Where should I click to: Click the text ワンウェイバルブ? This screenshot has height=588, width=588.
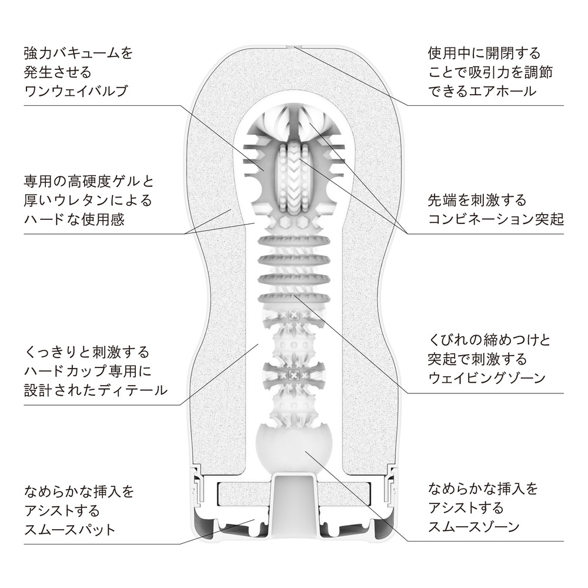point(76,92)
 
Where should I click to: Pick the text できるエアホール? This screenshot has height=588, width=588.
point(482,91)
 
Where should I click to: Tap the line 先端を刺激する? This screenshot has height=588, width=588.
point(477,200)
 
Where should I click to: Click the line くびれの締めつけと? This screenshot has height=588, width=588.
point(489,340)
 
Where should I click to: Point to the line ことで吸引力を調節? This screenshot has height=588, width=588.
point(490,72)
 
